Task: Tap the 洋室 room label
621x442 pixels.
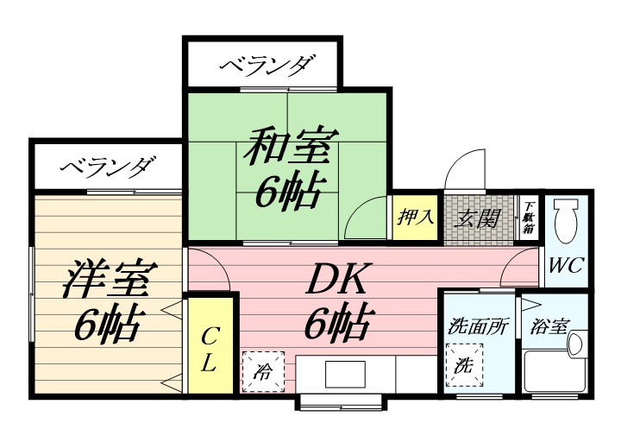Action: pos(109,278)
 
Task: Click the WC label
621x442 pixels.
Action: pos(567,264)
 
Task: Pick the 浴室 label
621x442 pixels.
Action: pos(550,328)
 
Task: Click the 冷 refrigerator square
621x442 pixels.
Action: pos(262,372)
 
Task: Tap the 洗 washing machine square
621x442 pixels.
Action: pos(464,364)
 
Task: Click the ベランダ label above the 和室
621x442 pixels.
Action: pos(265,66)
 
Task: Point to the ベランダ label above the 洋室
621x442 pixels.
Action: pos(108,166)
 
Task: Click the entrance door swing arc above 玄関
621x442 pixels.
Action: pos(466,168)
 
